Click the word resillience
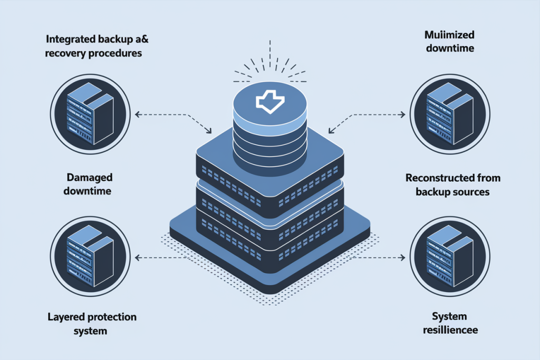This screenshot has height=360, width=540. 449,330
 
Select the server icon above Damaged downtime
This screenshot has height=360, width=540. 89,113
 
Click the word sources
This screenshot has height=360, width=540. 471,191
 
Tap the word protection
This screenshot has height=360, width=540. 108,317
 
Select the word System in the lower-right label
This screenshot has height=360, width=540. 449,316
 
